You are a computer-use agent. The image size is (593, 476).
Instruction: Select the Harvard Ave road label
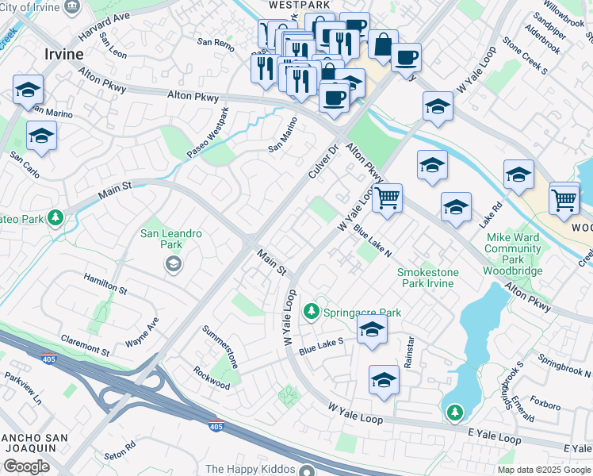[x=104, y=28]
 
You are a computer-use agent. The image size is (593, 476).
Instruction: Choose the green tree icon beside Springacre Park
[x=314, y=309]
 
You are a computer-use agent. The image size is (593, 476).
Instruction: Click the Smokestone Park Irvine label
[x=427, y=278]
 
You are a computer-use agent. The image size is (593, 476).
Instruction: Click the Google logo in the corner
[x=26, y=466]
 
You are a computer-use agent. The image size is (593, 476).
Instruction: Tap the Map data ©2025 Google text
[x=544, y=470]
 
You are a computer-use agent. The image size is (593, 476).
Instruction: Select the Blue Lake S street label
[x=321, y=346]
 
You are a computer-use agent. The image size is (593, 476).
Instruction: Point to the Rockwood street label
[x=212, y=378]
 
